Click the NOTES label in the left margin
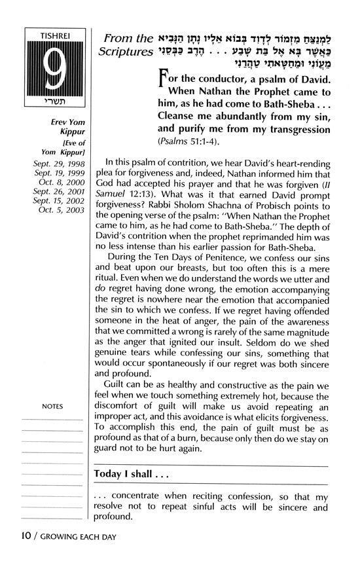[52, 407]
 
